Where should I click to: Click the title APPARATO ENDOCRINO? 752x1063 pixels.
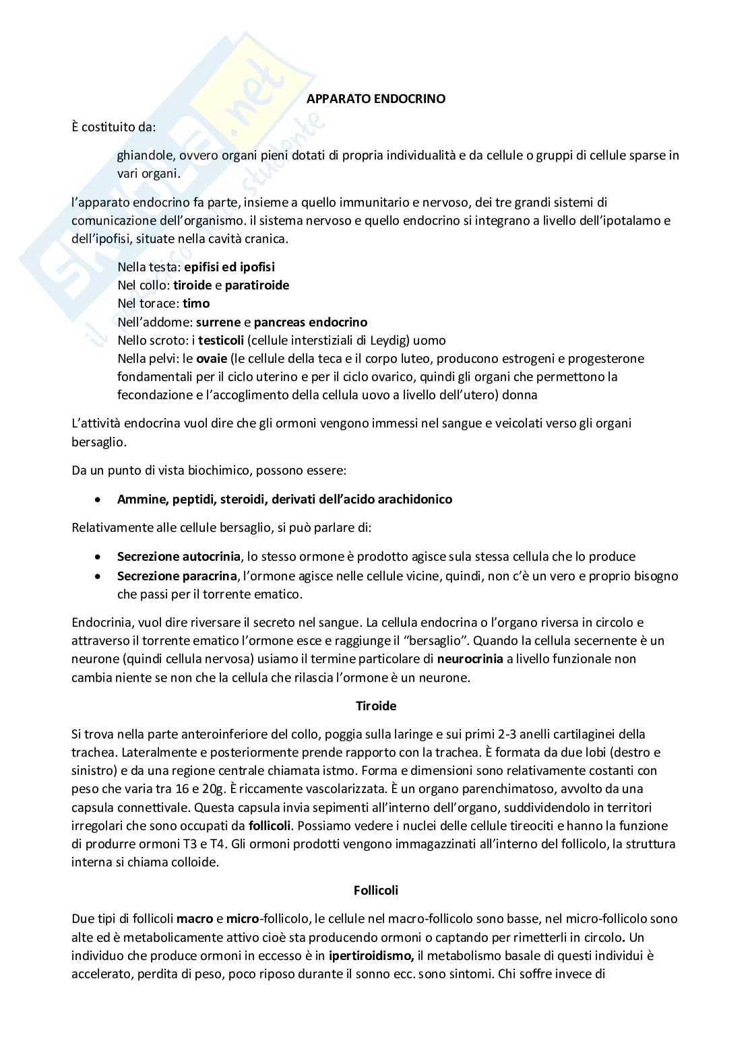point(376,99)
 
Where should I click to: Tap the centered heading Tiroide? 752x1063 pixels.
point(376,706)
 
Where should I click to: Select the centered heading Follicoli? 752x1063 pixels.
point(376,890)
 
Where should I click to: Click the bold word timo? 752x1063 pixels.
point(196,304)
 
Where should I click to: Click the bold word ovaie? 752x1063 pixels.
point(212,358)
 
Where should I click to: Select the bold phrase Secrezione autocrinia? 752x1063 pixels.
point(179,557)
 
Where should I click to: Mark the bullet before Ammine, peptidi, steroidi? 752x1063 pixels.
point(99,500)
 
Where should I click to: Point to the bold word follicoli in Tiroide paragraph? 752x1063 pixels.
point(270,825)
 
